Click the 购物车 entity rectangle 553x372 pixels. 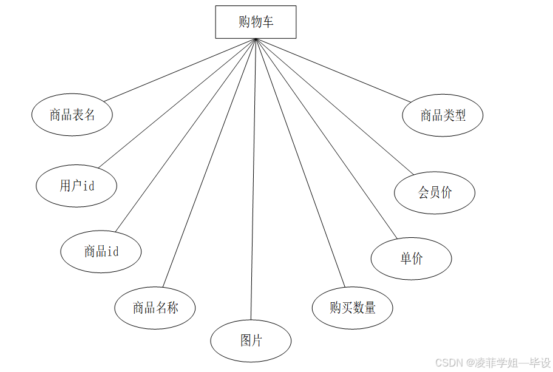click(256, 22)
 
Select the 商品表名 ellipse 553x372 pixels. click(72, 115)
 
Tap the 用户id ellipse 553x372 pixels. click(76, 186)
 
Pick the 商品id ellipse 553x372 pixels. click(101, 251)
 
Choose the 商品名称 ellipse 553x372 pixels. click(155, 308)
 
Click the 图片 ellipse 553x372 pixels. click(251, 340)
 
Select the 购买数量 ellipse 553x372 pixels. click(352, 308)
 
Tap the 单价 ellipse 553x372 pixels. click(411, 259)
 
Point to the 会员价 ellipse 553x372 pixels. click(435, 193)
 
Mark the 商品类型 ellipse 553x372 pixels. click(443, 115)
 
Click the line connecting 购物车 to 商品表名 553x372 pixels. click(180, 70)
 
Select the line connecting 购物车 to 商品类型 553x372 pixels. click(333, 70)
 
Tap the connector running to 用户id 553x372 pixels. click(177, 103)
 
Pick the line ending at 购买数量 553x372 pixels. click(300, 163)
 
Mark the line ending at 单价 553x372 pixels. click(327, 139)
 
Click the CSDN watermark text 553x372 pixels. click(492, 362)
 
